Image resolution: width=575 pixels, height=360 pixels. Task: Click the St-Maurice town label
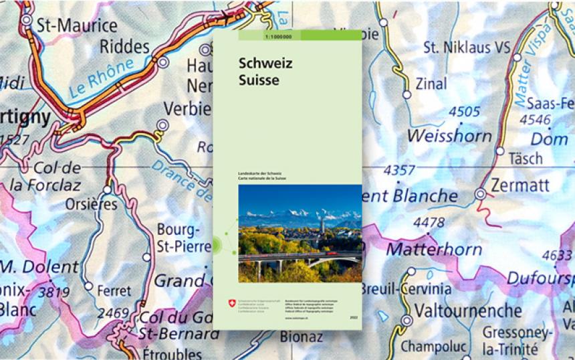click(x=76, y=26)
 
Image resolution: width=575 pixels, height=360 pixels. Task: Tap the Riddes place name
click(x=124, y=47)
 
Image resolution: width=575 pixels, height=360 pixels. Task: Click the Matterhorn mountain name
click(x=434, y=250)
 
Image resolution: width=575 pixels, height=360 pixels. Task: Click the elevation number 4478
click(x=429, y=222)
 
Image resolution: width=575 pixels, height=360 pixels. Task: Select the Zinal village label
click(x=431, y=84)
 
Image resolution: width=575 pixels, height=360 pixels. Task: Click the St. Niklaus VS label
click(x=467, y=48)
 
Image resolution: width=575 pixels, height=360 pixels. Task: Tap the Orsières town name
click(x=91, y=204)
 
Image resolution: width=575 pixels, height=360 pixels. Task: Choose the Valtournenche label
click(x=468, y=311)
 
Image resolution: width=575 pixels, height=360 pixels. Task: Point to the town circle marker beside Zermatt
click(x=480, y=194)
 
